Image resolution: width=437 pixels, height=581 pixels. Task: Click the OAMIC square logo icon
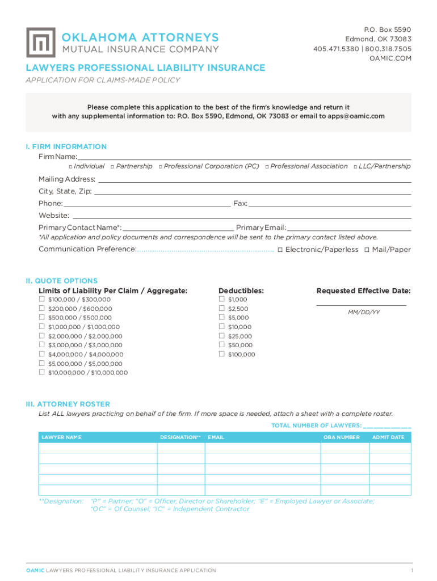pos(41,42)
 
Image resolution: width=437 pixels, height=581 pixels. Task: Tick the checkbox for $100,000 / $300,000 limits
pos(41,299)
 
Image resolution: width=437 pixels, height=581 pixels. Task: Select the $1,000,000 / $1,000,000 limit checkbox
pos(41,327)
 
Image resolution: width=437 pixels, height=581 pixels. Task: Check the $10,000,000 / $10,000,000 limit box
pos(41,372)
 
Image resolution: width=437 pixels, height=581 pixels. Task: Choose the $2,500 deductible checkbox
pos(221,309)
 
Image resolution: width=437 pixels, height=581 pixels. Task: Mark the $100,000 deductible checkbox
pos(221,354)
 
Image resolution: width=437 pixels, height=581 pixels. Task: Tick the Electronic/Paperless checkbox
pos(280,250)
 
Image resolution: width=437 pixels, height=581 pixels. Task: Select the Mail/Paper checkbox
pos(367,250)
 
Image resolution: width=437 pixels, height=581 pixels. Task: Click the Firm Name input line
pos(244,157)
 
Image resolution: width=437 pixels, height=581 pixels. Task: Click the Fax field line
pos(329,204)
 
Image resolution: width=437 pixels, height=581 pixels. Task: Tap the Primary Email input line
pos(349,228)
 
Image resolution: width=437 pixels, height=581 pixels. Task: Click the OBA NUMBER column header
pos(341,437)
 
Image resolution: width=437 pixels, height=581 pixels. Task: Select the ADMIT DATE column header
pos(388,437)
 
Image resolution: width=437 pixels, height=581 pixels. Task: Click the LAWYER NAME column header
pos(61,437)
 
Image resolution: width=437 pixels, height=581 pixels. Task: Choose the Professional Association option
pos(309,166)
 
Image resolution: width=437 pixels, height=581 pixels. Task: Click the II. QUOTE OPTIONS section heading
pos(61,281)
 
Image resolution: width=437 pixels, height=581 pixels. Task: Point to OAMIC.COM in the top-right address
pos(390,58)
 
